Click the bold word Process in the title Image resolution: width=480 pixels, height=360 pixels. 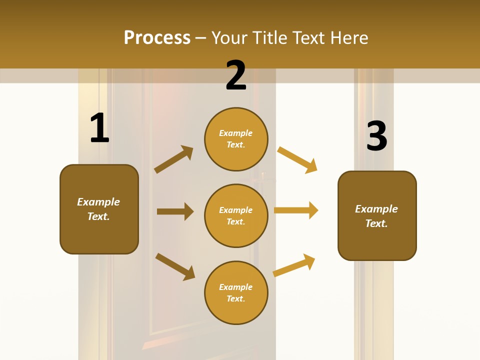tap(157, 37)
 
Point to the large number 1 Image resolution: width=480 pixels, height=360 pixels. tap(99, 128)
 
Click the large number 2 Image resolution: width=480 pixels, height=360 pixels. tap(236, 75)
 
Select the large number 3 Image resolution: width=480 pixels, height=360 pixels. tap(376, 136)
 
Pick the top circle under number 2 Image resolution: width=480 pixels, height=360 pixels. tap(236, 139)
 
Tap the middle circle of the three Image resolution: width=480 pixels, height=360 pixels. tap(236, 215)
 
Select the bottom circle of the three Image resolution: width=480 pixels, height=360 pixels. tap(236, 292)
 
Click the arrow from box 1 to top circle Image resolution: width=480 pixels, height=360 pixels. tap(174, 159)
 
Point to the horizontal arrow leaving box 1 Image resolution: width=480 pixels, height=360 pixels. tap(175, 211)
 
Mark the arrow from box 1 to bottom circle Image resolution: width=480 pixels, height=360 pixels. tap(175, 266)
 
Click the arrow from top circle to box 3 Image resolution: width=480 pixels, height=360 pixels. tap(297, 159)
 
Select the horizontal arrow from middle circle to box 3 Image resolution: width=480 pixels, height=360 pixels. tap(296, 210)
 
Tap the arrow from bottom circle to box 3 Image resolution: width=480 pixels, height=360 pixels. tap(294, 265)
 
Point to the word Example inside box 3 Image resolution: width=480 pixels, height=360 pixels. tap(376, 209)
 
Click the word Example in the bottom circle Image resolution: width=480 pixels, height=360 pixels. tap(236, 287)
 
